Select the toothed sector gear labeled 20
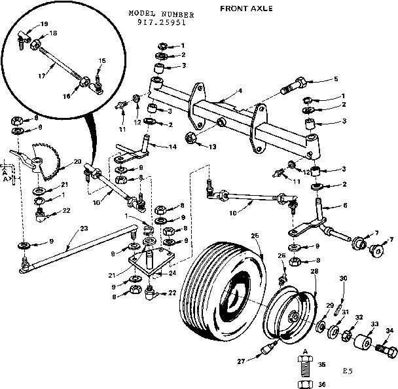[46, 161]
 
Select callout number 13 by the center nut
[212, 145]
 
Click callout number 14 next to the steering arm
[173, 147]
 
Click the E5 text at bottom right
[348, 371]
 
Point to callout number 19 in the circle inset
[44, 24]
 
